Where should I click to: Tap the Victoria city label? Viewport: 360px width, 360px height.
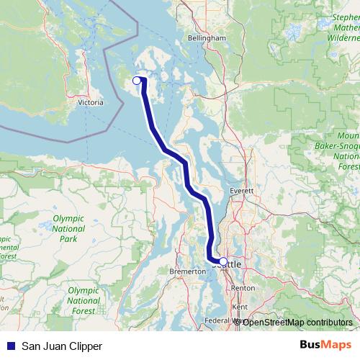pyautogui.click(x=90, y=102)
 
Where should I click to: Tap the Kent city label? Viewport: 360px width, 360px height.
pyautogui.click(x=240, y=306)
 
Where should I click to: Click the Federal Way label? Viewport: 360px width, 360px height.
pyautogui.click(x=220, y=320)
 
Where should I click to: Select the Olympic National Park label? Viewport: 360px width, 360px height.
pyautogui.click(x=68, y=228)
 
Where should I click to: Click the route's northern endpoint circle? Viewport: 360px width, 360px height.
pyautogui.click(x=137, y=81)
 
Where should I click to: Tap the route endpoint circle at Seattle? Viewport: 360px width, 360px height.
pyautogui.click(x=223, y=261)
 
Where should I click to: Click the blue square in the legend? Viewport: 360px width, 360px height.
pyautogui.click(x=10, y=346)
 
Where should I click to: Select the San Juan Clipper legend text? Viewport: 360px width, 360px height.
pyautogui.click(x=62, y=346)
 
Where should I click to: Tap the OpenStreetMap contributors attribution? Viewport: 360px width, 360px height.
pyautogui.click(x=297, y=322)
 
